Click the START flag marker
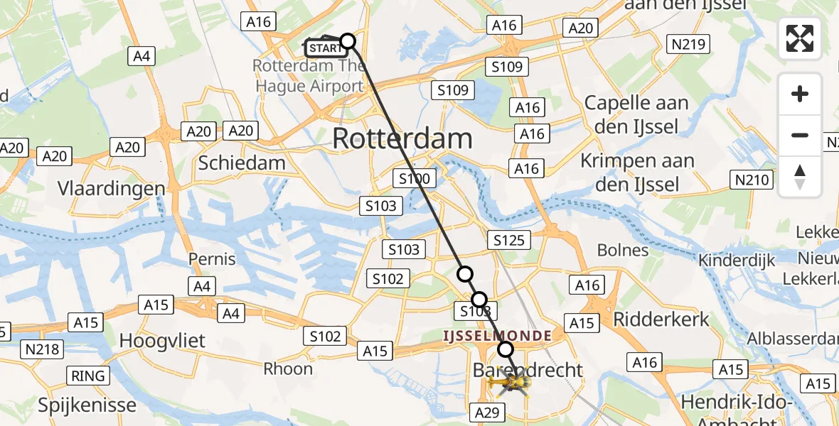(x=326, y=48)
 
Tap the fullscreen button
(x=800, y=38)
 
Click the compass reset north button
(x=800, y=177)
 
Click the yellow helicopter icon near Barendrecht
(x=509, y=384)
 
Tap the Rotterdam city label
(x=402, y=138)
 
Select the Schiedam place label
(x=242, y=163)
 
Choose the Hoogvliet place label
(x=162, y=341)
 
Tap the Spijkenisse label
(x=87, y=405)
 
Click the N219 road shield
(x=688, y=45)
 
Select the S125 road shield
(x=508, y=240)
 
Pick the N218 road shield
(x=43, y=349)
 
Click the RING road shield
(x=88, y=376)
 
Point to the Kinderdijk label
(x=736, y=261)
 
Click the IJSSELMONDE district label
(x=497, y=335)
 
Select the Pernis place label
(x=212, y=259)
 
